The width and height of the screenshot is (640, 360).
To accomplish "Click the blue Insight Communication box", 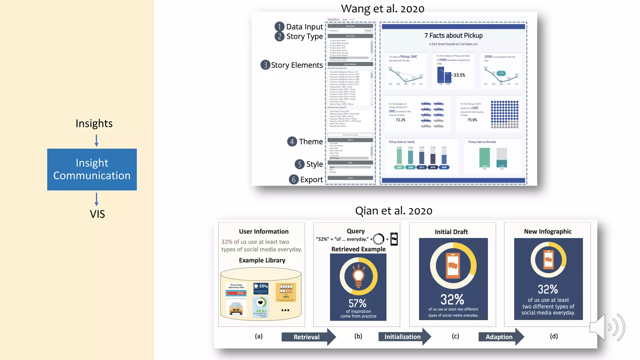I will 92,169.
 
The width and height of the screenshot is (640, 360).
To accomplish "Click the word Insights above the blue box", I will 94,123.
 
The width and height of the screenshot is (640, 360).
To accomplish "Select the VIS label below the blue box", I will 97,214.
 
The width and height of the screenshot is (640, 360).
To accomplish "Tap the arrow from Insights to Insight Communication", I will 97,140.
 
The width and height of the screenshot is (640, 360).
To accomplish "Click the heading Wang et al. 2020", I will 382,9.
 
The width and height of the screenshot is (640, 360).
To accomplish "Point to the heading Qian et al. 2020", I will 393,211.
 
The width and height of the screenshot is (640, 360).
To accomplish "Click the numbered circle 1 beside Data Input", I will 279,27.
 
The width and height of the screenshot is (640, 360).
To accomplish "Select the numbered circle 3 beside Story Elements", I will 265,65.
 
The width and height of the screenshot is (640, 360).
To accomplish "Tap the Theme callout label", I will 311,142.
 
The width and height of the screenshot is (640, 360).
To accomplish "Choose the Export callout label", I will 311,180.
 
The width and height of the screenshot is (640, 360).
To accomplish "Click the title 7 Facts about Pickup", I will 453,36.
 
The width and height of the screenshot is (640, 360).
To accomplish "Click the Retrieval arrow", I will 308,337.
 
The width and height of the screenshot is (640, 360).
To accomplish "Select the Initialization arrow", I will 404,337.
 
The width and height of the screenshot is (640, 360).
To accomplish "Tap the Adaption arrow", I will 500,337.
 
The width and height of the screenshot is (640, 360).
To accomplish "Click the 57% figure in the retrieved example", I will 357,303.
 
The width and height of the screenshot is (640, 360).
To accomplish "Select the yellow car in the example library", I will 236,308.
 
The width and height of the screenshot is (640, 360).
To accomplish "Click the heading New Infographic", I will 547,232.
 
